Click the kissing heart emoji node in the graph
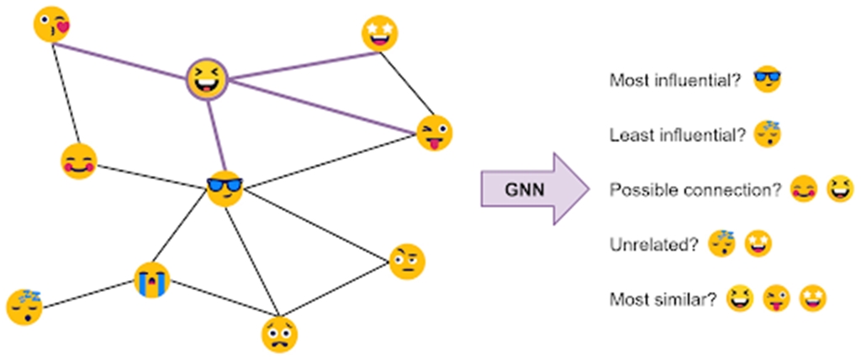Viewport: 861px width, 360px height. coord(52,24)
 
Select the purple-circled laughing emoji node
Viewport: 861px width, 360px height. coord(207,80)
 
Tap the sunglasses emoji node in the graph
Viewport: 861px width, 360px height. coord(225,188)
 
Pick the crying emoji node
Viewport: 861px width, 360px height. coord(152,279)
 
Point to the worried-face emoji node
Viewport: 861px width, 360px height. coord(278,333)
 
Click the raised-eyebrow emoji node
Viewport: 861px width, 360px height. coord(407,262)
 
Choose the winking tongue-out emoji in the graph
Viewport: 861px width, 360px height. coord(435,133)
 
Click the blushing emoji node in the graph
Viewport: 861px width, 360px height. coord(79,161)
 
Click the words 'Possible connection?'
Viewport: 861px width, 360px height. coord(695,190)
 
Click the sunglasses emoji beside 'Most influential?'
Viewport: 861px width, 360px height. coord(767,79)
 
